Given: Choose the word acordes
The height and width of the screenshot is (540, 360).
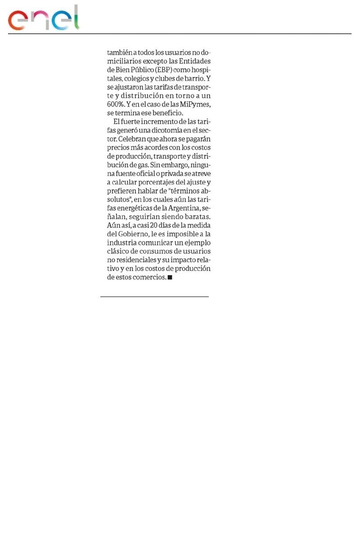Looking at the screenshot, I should pyautogui.click(x=159, y=148).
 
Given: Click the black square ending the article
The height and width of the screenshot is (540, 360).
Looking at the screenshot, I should pyautogui.click(x=170, y=278).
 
